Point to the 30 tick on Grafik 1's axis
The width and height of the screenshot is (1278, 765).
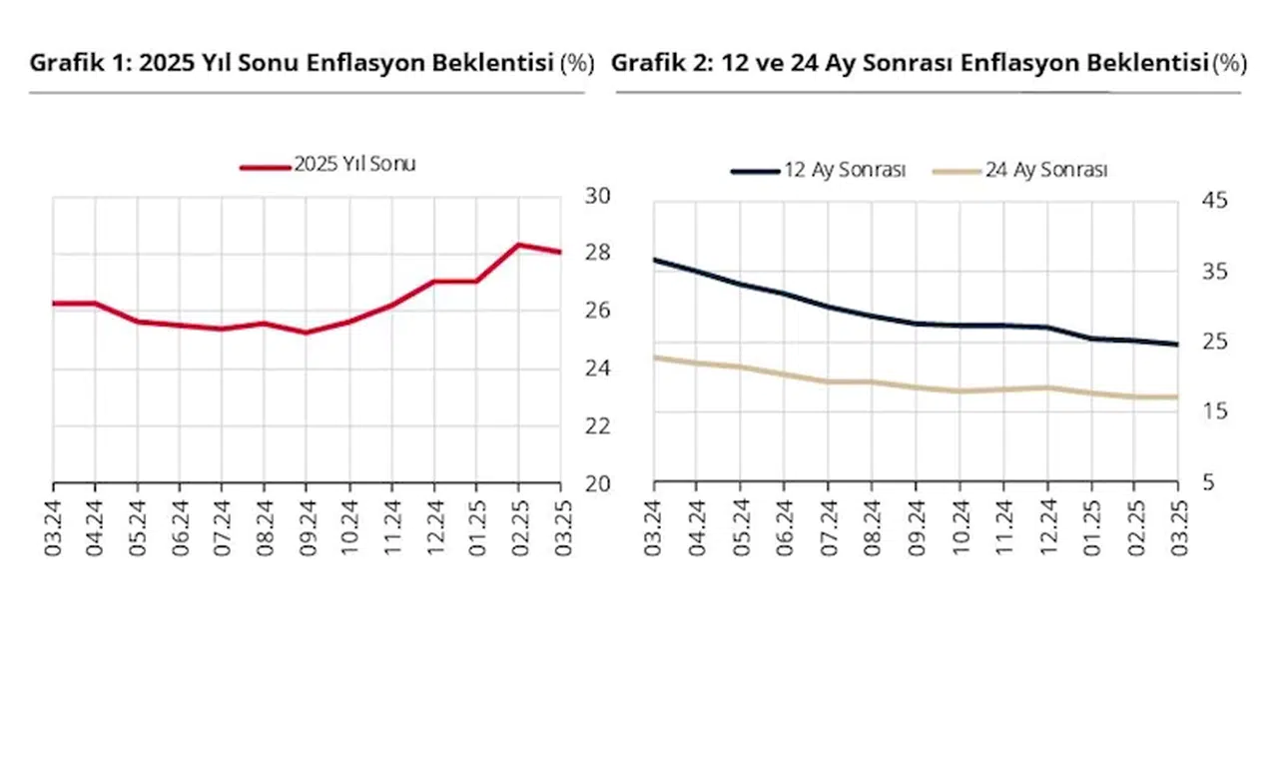tap(597, 195)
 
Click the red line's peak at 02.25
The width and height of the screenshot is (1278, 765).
tap(519, 245)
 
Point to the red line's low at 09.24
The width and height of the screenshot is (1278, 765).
tap(307, 333)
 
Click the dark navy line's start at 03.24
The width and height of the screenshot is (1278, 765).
tap(654, 260)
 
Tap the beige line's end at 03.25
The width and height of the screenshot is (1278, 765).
tap(1178, 397)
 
